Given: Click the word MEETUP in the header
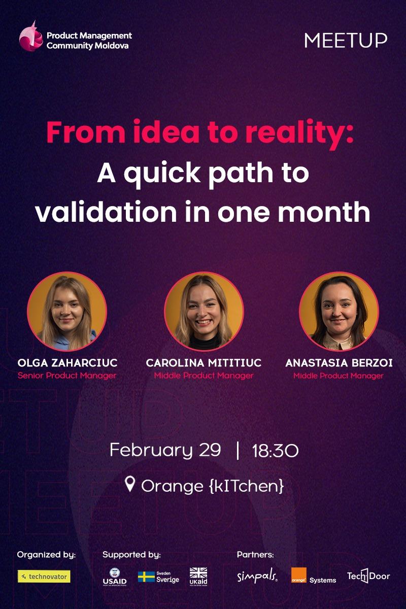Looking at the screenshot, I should (346, 40).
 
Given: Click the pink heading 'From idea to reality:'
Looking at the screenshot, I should (200, 133).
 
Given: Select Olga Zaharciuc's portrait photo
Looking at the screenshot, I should (67, 312).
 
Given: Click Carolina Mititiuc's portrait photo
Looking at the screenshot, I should (204, 312).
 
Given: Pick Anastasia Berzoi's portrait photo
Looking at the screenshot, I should (339, 312).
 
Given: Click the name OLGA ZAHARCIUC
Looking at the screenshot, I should (67, 363).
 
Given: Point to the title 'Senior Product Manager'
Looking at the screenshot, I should (67, 376).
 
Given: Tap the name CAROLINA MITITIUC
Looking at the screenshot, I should (204, 363).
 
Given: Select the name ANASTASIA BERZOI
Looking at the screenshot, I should (339, 363).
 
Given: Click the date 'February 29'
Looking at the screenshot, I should (165, 450).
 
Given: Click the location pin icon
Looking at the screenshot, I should (130, 485).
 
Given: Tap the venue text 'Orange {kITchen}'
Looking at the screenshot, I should (212, 486).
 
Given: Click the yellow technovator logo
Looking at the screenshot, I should (44, 577).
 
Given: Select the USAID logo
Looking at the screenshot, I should (115, 577).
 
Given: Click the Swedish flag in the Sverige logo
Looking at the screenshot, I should (146, 577).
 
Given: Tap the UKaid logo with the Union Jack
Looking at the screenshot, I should (198, 576).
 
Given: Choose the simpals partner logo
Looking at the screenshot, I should (257, 577).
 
